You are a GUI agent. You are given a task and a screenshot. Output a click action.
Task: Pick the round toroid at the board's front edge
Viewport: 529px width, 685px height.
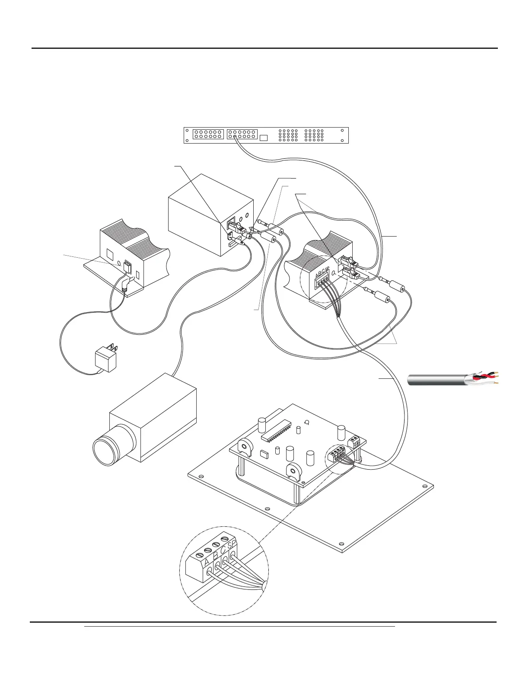click(x=295, y=470)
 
